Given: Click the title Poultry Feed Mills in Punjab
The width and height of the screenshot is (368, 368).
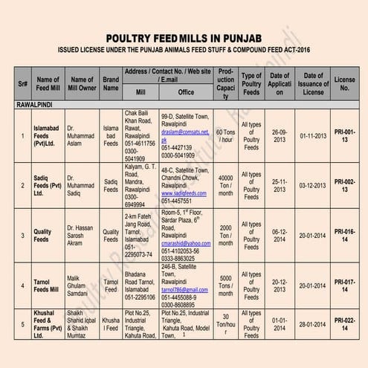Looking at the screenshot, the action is click(x=184, y=37).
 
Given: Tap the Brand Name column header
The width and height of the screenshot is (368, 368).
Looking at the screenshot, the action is click(x=111, y=83).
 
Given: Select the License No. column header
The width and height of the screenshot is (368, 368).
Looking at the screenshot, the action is click(x=344, y=83).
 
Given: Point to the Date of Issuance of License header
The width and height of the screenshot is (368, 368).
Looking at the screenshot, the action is click(x=312, y=83).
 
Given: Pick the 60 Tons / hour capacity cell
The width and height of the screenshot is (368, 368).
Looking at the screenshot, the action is click(x=226, y=136).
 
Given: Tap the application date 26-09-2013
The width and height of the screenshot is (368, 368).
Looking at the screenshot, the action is click(x=279, y=136).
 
